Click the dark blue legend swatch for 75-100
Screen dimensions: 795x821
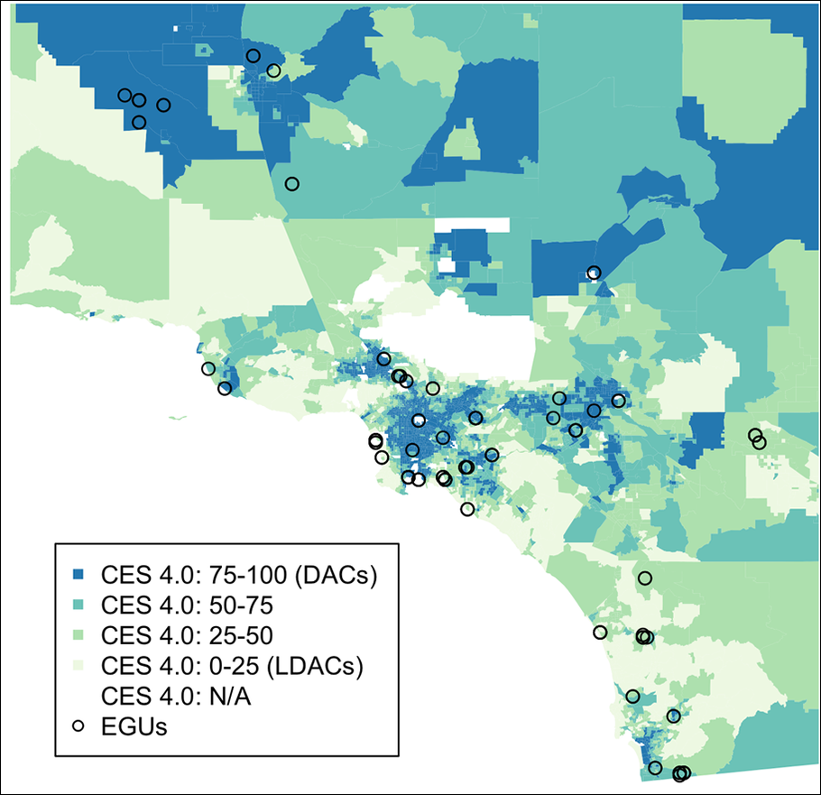(x=78, y=575)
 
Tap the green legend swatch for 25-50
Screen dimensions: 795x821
(x=78, y=635)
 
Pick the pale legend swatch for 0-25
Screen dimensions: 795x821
(x=78, y=666)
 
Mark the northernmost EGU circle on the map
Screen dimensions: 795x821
(x=254, y=56)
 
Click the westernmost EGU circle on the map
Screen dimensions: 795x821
(x=125, y=95)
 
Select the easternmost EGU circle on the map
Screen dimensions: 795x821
(x=759, y=442)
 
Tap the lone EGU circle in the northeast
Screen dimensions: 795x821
(x=593, y=273)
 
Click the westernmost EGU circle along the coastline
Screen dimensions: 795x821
(x=208, y=368)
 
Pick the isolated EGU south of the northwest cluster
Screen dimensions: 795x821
(x=291, y=184)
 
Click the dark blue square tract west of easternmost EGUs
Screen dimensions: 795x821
(x=708, y=430)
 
